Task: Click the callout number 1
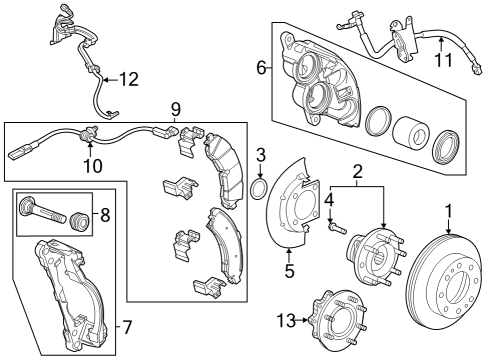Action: (449, 211)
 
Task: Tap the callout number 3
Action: (260, 154)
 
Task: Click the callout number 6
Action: (262, 68)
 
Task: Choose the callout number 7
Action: (125, 326)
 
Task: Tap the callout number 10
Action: (92, 166)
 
